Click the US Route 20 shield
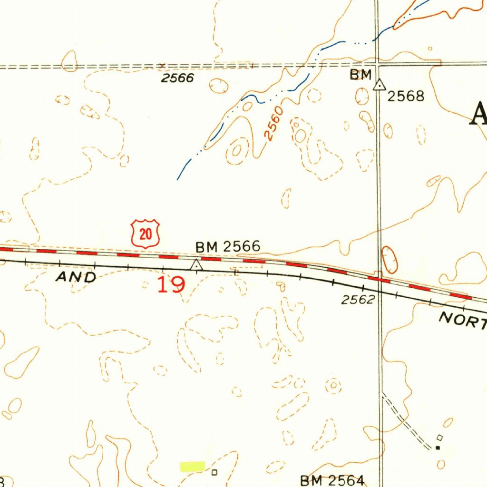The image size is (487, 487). [146, 234]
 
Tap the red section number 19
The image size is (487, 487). [171, 284]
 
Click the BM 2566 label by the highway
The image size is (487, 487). [228, 246]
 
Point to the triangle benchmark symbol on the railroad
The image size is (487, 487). [196, 265]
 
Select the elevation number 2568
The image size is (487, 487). [405, 97]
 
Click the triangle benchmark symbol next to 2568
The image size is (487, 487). [379, 86]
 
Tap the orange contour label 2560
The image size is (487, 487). [274, 124]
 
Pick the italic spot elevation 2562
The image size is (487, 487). [359, 300]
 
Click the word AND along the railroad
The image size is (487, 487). [76, 277]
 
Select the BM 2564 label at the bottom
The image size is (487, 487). [332, 480]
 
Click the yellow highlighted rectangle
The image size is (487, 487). [192, 466]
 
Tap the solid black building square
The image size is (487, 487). [438, 448]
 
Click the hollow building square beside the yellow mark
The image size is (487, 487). [214, 472]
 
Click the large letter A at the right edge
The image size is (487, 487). [478, 114]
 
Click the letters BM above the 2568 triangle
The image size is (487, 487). [360, 75]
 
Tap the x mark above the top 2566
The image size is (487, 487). [163, 65]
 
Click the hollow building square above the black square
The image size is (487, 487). [440, 437]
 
